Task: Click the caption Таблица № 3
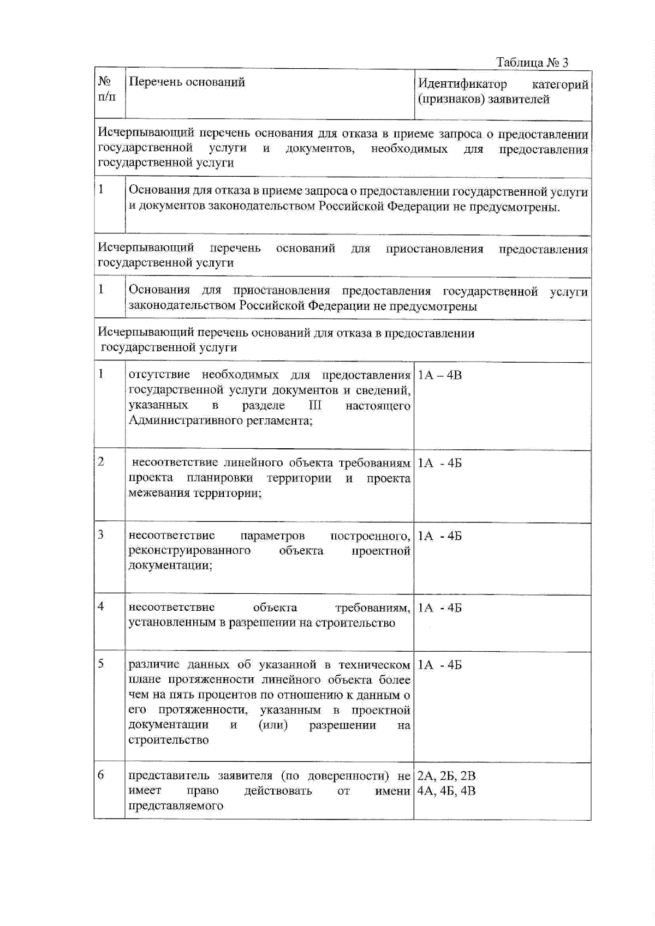coord(532,62)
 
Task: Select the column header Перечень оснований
coord(187,82)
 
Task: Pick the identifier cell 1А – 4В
coord(439,375)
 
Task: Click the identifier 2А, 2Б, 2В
coord(446,775)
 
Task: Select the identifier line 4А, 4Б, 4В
coord(446,790)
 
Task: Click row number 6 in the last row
coord(101,775)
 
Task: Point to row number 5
coord(101,664)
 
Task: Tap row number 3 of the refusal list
coord(101,534)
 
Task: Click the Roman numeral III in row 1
coord(315,405)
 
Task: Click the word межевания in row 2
coord(154,493)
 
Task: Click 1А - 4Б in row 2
coord(439,463)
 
